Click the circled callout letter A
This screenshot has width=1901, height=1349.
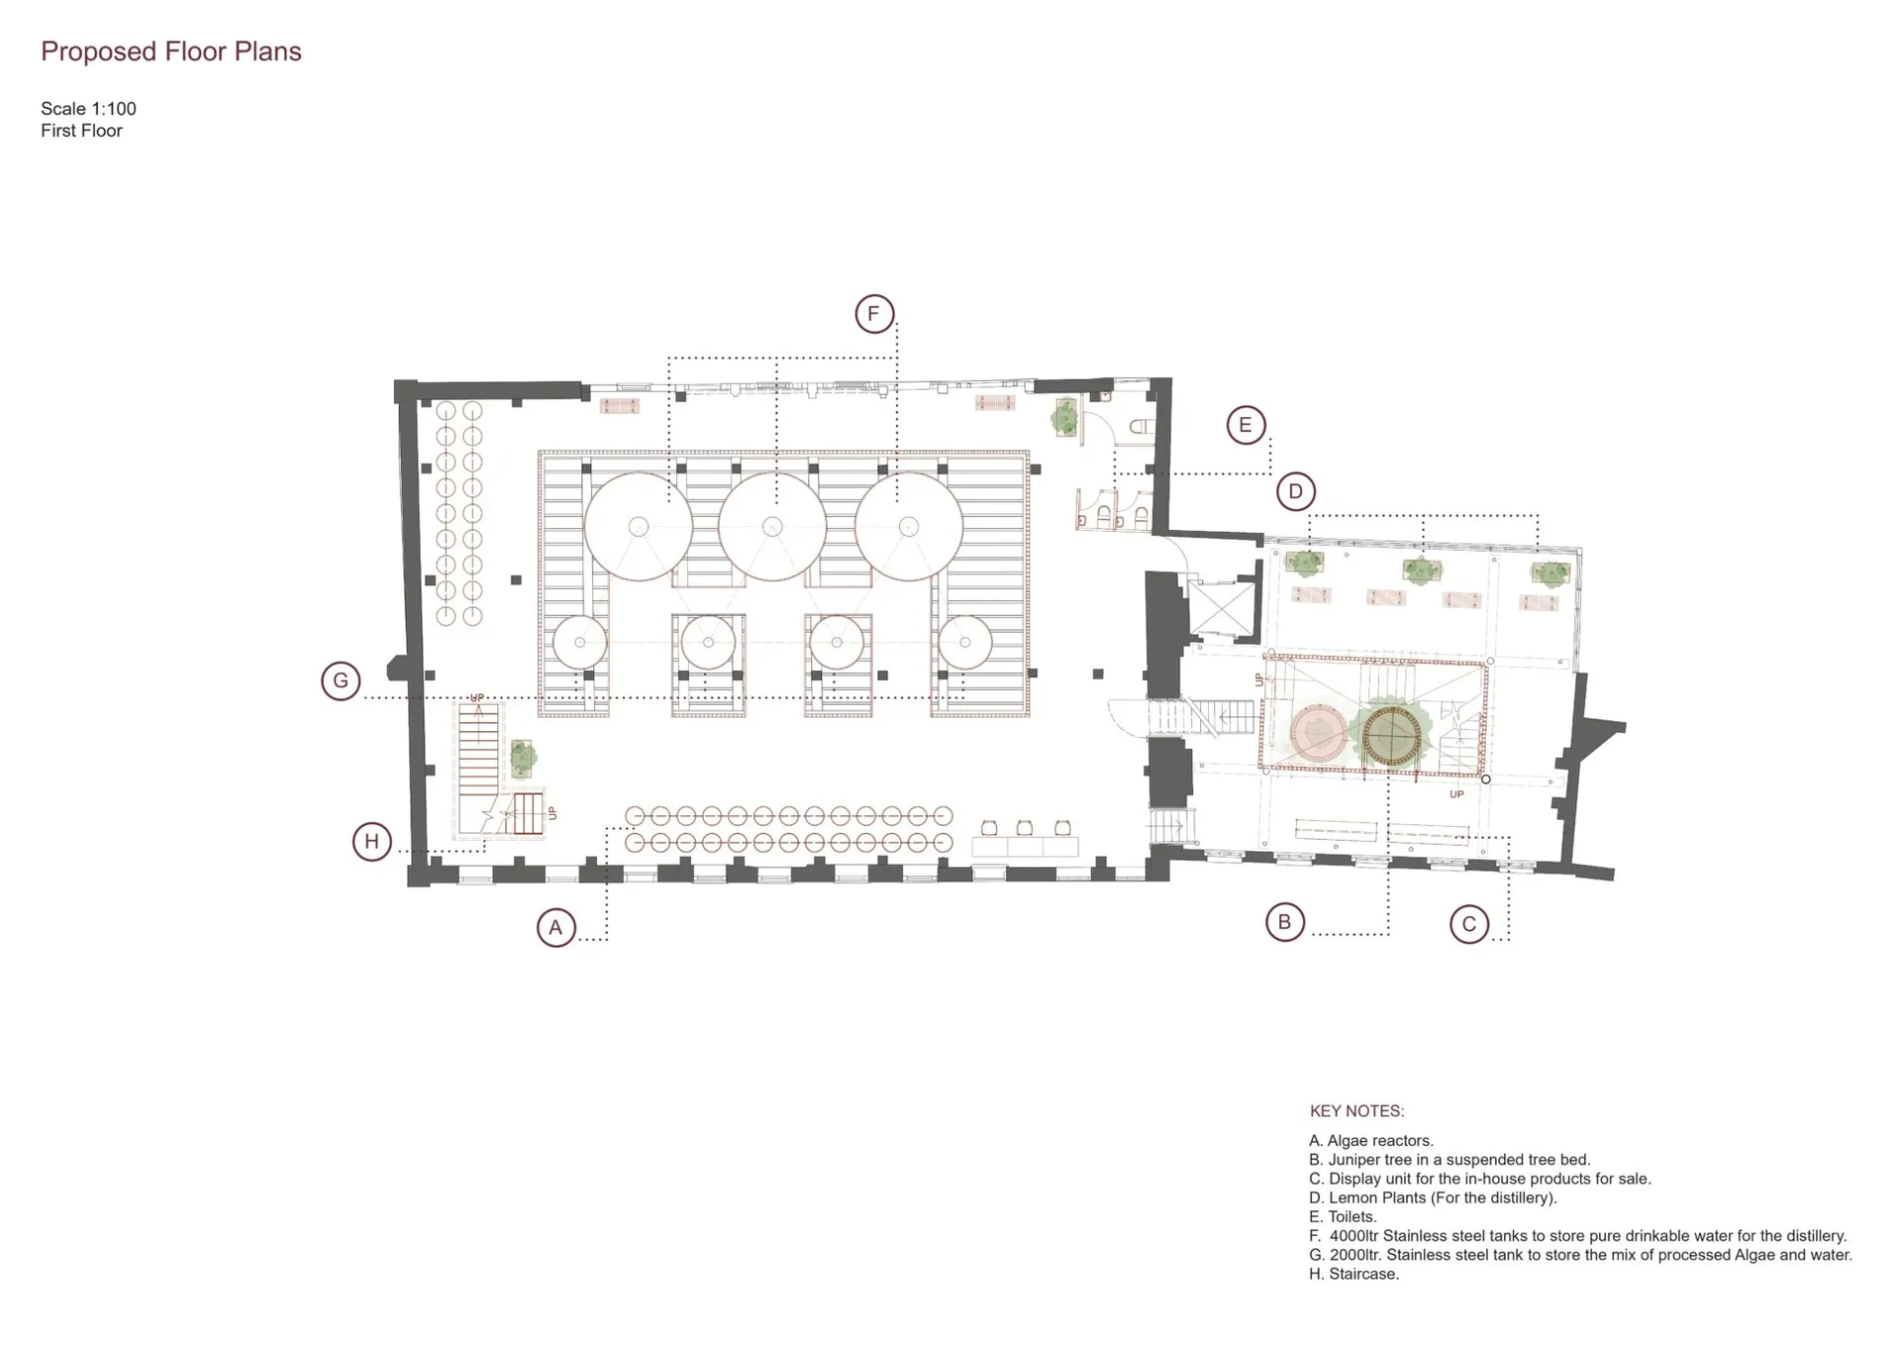[x=555, y=928]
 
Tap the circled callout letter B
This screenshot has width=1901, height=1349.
[x=1284, y=922]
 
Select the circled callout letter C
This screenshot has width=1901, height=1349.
[x=1469, y=925]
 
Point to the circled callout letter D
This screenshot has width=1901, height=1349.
[x=1295, y=491]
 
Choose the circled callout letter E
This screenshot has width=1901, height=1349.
[x=1246, y=425]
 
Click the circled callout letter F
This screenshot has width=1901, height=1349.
[x=874, y=314]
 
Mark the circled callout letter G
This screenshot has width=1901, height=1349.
[x=341, y=680]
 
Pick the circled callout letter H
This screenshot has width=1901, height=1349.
[x=372, y=842]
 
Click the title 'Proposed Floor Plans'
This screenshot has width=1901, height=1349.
[x=171, y=52]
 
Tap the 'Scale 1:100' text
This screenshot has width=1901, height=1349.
[x=88, y=109]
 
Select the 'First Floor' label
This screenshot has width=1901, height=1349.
[x=81, y=131]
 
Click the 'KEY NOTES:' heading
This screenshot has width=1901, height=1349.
[x=1356, y=1111]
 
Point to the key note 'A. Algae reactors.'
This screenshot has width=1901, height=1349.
[x=1371, y=1141]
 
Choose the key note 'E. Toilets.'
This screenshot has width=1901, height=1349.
[x=1343, y=1217]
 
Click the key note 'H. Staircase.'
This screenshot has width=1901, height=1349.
[x=1353, y=1275]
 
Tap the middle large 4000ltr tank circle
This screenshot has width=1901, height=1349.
[x=772, y=526]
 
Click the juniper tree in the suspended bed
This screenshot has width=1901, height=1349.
[x=1392, y=736]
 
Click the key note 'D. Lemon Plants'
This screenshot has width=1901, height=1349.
[x=1433, y=1198]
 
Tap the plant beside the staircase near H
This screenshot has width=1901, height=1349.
[x=522, y=759]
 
